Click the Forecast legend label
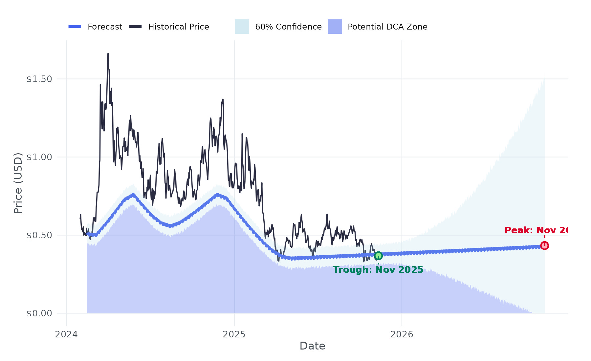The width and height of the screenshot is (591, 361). click(x=105, y=27)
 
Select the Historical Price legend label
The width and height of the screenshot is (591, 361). click(x=178, y=27)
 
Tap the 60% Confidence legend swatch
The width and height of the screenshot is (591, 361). click(x=242, y=27)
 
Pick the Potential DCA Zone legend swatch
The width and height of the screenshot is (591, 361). click(x=335, y=27)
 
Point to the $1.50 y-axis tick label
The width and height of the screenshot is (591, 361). click(x=39, y=79)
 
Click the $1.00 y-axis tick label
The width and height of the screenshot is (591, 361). click(x=39, y=157)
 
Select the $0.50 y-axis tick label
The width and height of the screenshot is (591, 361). click(x=39, y=235)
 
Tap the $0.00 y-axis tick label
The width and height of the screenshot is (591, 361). click(x=39, y=313)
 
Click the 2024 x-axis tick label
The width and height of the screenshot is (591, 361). click(x=66, y=334)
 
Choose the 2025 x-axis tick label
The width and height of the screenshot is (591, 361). click(x=234, y=334)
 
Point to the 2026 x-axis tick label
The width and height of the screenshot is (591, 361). click(x=402, y=334)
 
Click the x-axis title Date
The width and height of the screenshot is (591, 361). click(x=312, y=346)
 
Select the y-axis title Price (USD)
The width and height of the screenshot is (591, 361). click(x=18, y=183)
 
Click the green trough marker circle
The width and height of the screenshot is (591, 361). click(x=378, y=256)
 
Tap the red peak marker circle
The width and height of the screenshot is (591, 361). click(x=544, y=245)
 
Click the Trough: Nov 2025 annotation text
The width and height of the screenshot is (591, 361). click(x=378, y=270)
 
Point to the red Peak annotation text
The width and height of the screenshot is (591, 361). click(x=536, y=230)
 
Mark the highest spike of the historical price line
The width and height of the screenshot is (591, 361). click(x=108, y=54)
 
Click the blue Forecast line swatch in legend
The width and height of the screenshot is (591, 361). click(x=75, y=27)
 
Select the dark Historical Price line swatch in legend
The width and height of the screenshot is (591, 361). click(x=135, y=27)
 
